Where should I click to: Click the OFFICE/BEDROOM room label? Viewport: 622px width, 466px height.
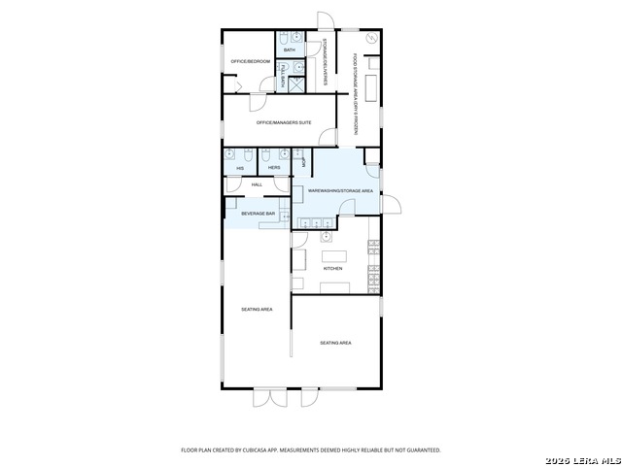pyautogui.click(x=250, y=61)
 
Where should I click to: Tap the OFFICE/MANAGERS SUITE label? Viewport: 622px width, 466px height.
pyautogui.click(x=284, y=122)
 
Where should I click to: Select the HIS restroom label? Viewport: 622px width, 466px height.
pyautogui.click(x=240, y=168)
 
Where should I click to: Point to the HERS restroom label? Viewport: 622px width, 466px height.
pyautogui.click(x=274, y=168)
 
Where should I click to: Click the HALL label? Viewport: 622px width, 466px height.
pyautogui.click(x=257, y=183)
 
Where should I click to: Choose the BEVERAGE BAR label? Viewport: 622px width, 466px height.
pyautogui.click(x=259, y=213)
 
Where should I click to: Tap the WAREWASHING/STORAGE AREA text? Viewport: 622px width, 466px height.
pyautogui.click(x=340, y=191)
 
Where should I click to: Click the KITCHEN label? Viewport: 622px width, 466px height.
pyautogui.click(x=333, y=268)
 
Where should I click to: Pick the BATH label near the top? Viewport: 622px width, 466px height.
pyautogui.click(x=289, y=50)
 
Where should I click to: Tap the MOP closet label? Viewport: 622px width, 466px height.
pyautogui.click(x=304, y=163)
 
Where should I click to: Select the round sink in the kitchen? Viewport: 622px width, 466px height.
pyautogui.click(x=326, y=236)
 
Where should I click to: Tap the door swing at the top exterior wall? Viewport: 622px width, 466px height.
pyautogui.click(x=326, y=20)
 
